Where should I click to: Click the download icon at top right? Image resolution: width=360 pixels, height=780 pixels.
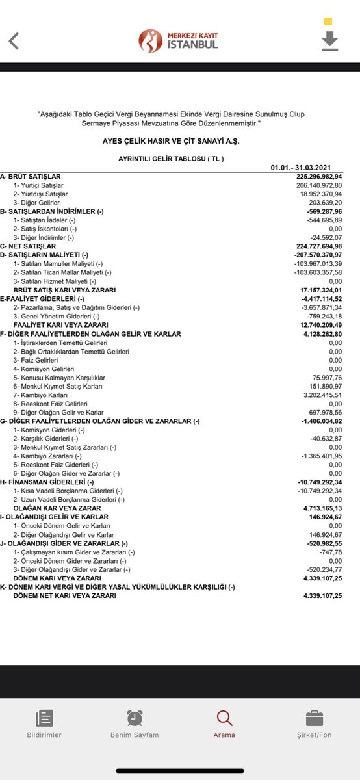coord(330,40)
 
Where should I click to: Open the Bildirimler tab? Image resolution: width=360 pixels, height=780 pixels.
coord(44,724)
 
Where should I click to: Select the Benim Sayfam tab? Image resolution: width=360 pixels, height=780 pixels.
coord(135,724)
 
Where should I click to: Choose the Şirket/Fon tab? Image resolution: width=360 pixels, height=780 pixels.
coord(315,724)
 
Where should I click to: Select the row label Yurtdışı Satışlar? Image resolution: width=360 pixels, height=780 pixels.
coord(40,194)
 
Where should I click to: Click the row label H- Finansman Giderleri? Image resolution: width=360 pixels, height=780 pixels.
coord(47,482)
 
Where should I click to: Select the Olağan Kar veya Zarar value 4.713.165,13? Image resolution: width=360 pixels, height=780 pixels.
coord(318,508)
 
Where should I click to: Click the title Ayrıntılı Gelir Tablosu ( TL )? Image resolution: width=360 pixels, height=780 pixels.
coord(167,158)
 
